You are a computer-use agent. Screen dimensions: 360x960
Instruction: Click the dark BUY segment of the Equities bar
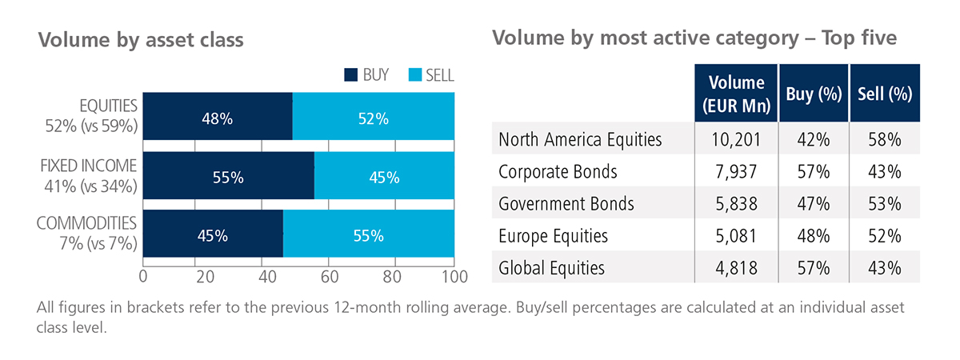(x=218, y=119)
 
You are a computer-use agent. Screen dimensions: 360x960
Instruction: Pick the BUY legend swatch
(x=350, y=76)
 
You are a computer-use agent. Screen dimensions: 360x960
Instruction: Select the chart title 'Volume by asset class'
(x=141, y=39)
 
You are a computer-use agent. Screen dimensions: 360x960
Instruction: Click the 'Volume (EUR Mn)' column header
(x=736, y=93)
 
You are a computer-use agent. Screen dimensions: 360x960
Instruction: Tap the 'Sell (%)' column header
(x=885, y=93)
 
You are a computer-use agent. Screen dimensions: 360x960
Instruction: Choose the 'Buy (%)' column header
(x=814, y=93)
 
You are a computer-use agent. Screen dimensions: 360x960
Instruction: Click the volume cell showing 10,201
(x=736, y=139)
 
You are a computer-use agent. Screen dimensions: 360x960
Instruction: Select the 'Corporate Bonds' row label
(x=558, y=171)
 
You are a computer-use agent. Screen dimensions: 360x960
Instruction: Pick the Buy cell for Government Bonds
(x=814, y=203)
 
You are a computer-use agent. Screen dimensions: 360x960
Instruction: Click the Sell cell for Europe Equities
(x=885, y=236)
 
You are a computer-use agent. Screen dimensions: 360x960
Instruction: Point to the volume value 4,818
(x=736, y=268)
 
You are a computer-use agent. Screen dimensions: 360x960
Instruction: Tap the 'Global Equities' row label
(x=551, y=268)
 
